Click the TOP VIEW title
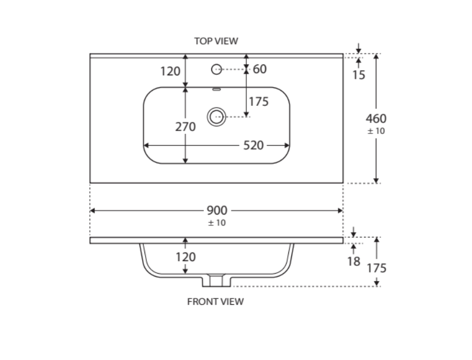pos(216,41)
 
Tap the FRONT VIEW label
pos(215,301)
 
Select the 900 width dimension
pos(216,210)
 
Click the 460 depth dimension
pos(376,118)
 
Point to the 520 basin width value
pos(253,145)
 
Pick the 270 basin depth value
pos(185,127)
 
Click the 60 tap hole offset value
pos(260,69)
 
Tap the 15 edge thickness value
pos(359,75)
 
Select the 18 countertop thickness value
pos(353,262)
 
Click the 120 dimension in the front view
pos(185,256)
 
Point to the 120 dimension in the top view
pos(170,71)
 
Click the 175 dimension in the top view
pos(259,102)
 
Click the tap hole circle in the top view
pos(216,69)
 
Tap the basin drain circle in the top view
pos(216,117)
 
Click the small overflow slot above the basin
pos(216,89)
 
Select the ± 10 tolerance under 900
pos(216,223)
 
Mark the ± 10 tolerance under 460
pos(376,131)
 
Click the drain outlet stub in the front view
pos(216,280)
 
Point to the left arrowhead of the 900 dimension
pos(93,210)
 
